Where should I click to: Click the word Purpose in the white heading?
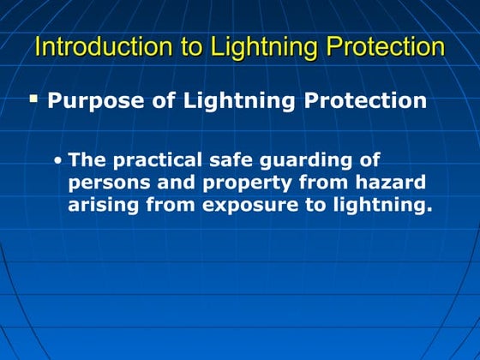coord(88,101)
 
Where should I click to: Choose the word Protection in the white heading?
coord(360,101)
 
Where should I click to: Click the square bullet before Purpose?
coord(34,99)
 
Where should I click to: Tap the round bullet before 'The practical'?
coord(57,161)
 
